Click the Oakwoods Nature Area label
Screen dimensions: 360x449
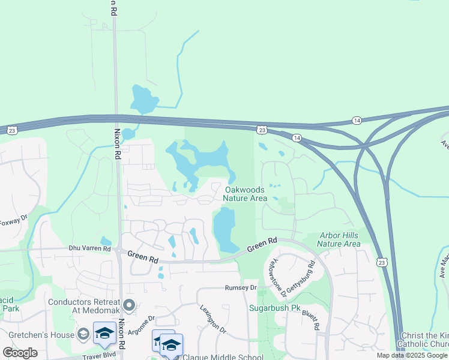tap(245, 194)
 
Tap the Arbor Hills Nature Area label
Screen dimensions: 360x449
tap(339, 239)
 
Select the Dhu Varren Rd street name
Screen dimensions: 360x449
tap(90, 248)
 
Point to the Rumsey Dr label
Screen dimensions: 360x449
tap(241, 288)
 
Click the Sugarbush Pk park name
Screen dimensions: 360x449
tap(274, 308)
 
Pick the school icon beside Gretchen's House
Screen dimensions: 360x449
tap(104, 333)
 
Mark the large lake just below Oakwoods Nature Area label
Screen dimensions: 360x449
tap(223, 230)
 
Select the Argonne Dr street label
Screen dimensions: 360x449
tap(142, 319)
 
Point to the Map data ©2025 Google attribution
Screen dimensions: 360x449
tap(412, 355)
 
